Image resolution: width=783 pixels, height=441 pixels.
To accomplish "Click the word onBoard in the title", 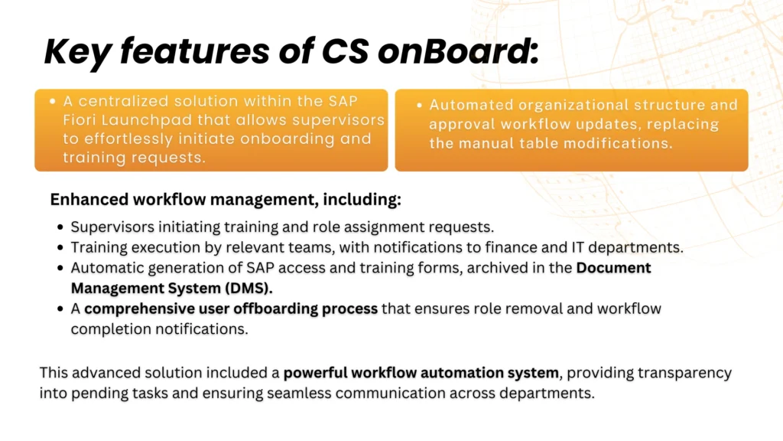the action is coord(456,51).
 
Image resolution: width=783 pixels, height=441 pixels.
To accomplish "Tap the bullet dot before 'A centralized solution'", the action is coord(53,101).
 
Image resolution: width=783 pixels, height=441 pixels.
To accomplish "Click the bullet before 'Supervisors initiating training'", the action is coord(60,227).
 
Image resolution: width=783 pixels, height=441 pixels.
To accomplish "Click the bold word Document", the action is coord(614,268).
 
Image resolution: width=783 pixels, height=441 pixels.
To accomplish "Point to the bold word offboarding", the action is coord(275,309).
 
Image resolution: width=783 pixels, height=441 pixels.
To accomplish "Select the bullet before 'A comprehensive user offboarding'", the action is coord(60,309).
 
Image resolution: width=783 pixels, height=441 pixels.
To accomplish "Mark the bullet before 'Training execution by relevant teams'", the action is coord(60,247).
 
